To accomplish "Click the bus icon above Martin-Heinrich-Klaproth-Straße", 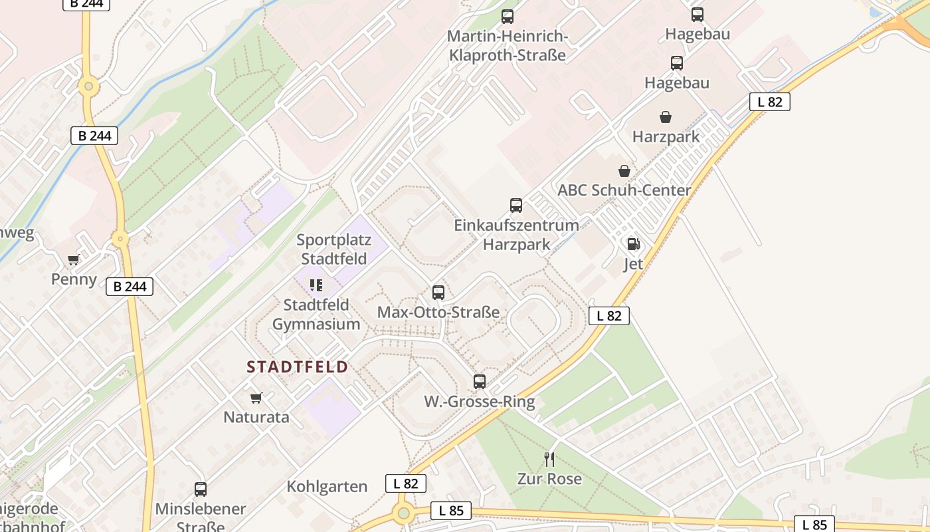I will click(508, 17).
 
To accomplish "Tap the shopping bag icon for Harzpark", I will click(666, 118).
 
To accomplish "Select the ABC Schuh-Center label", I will click(624, 190).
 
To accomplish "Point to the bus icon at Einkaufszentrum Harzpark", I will click(516, 205).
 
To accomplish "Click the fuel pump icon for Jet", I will click(633, 244).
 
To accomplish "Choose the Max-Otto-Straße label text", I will click(438, 312).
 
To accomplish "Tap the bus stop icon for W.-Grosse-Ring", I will click(480, 382).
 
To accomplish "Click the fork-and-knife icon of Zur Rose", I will click(549, 459).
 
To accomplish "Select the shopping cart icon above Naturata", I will click(256, 398).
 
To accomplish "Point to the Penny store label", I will click(74, 279).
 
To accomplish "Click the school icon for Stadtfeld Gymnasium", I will click(316, 285).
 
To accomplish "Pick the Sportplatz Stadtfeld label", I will click(333, 249).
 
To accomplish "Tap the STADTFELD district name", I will click(298, 367).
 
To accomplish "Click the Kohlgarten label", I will click(327, 487).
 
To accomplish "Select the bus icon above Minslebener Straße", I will click(201, 489).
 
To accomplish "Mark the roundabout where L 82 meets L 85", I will click(403, 513).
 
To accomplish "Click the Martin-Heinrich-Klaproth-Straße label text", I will click(508, 46).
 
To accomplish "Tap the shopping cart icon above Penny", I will click(74, 260).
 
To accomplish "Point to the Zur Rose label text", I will click(549, 479).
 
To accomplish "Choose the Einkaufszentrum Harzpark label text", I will click(516, 234).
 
